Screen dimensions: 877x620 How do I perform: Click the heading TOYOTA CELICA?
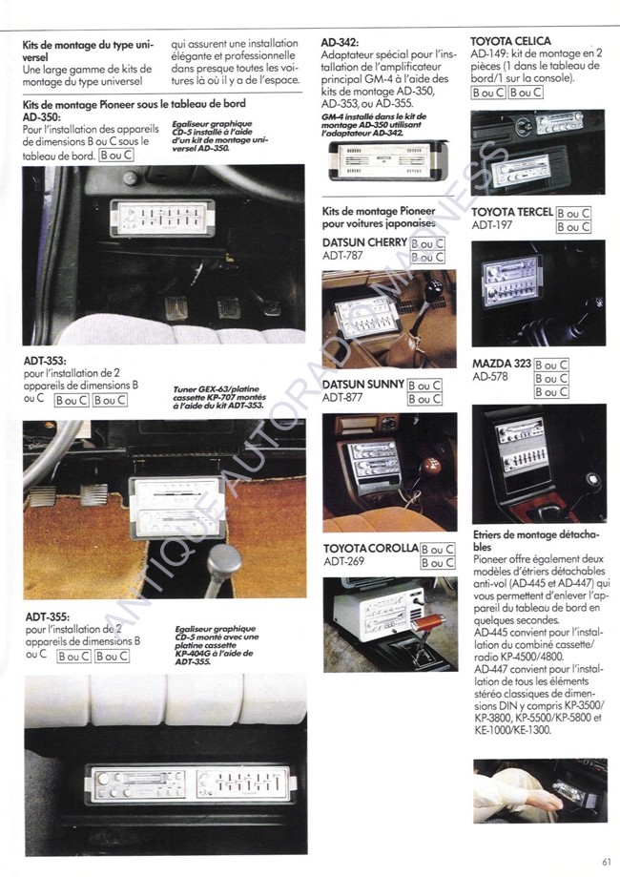pos(513,42)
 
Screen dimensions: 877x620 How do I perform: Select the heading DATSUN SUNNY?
pos(363,385)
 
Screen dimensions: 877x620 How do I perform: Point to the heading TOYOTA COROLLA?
pos(370,549)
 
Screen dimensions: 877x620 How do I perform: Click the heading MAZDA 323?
pos(501,365)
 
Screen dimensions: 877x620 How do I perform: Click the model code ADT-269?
pos(342,562)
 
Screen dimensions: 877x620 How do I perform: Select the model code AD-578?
pos(491,378)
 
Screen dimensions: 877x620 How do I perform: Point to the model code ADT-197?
pos(492,225)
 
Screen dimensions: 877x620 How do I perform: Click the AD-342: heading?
pos(341,42)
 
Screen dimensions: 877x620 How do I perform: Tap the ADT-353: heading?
pos(47,361)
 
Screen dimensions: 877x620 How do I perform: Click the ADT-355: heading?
pos(47,617)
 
